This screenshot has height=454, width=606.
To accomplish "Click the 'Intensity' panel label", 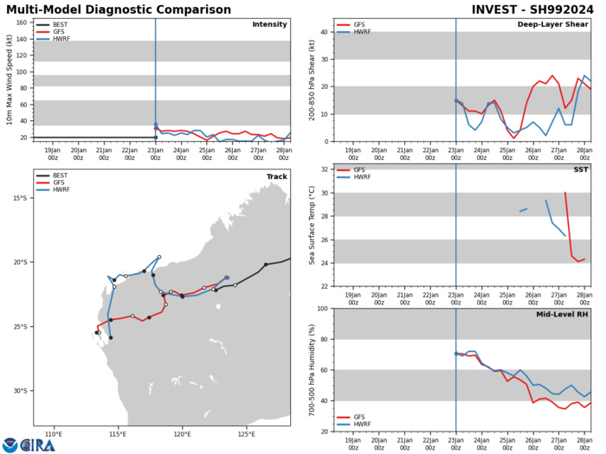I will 269,24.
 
